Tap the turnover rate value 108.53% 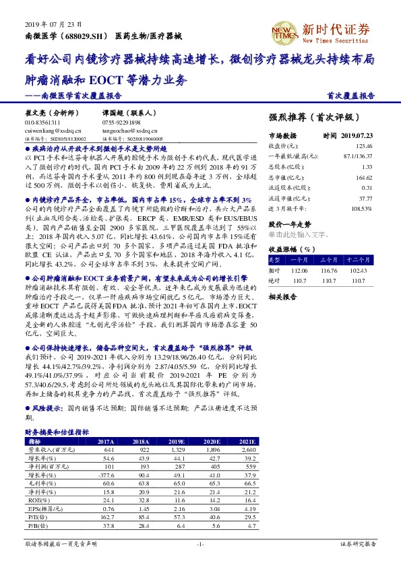pyautogui.click(x=361, y=209)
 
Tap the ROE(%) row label pyautogui.click(x=35, y=500)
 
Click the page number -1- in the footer pyautogui.click(x=200, y=543)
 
